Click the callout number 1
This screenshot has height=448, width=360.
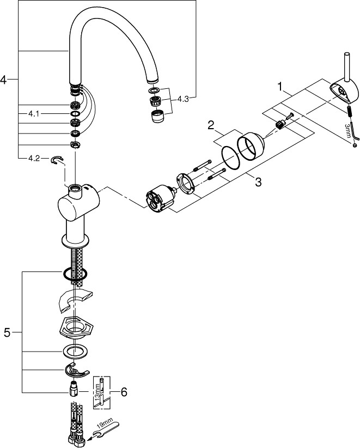280,87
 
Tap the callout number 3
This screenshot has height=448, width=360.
258,182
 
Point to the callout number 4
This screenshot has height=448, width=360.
4,80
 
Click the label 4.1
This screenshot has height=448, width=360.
34,114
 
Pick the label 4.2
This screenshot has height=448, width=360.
34,159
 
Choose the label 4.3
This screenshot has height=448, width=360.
182,99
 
